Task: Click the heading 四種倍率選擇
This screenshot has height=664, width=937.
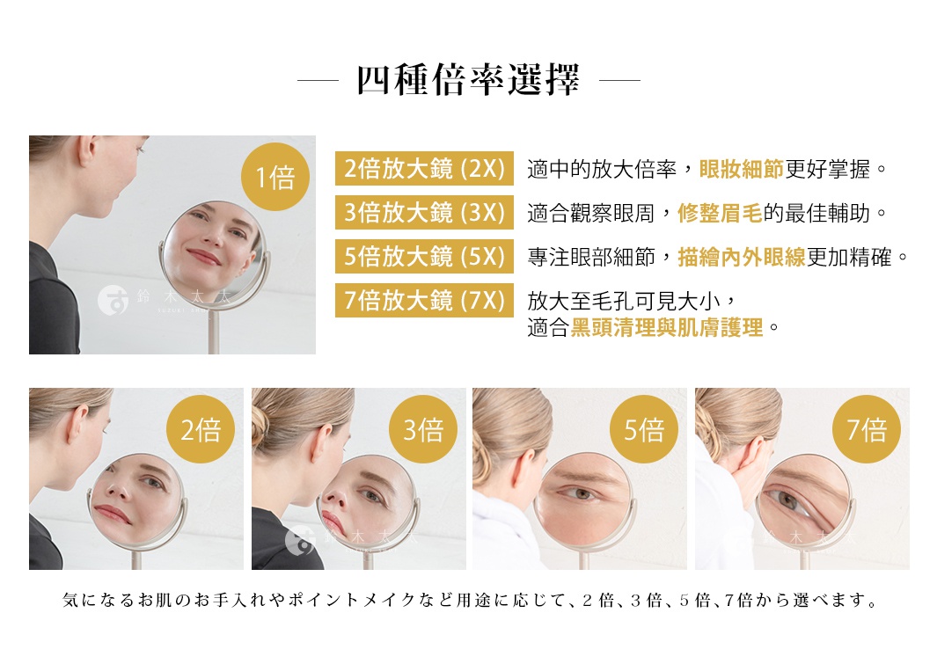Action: tap(468, 81)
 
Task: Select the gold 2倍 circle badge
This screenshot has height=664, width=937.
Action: tap(201, 429)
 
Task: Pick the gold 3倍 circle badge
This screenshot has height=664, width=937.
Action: tap(423, 429)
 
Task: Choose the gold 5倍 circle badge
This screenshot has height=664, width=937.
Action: tap(644, 429)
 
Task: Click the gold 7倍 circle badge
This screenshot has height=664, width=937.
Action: tap(867, 429)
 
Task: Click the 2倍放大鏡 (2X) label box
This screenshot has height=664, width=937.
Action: tap(423, 169)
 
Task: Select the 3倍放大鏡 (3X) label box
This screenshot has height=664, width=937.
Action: tap(423, 213)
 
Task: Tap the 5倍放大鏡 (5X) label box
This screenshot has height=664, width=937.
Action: tap(423, 257)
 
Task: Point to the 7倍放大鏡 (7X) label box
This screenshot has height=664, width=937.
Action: tap(423, 301)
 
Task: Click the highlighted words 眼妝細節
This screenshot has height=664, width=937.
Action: tap(741, 169)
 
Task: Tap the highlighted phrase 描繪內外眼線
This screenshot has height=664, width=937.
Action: tap(742, 257)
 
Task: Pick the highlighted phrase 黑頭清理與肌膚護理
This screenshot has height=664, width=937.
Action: tap(667, 329)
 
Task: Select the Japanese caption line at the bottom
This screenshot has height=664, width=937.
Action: tap(470, 602)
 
